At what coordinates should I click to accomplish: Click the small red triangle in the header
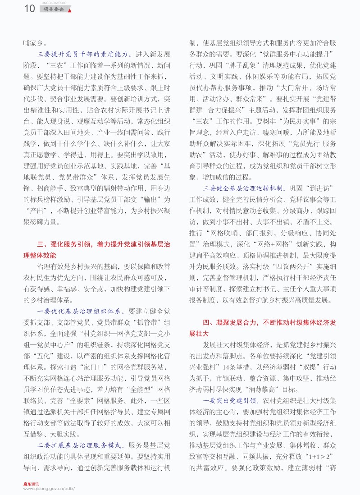coord(69,10)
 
